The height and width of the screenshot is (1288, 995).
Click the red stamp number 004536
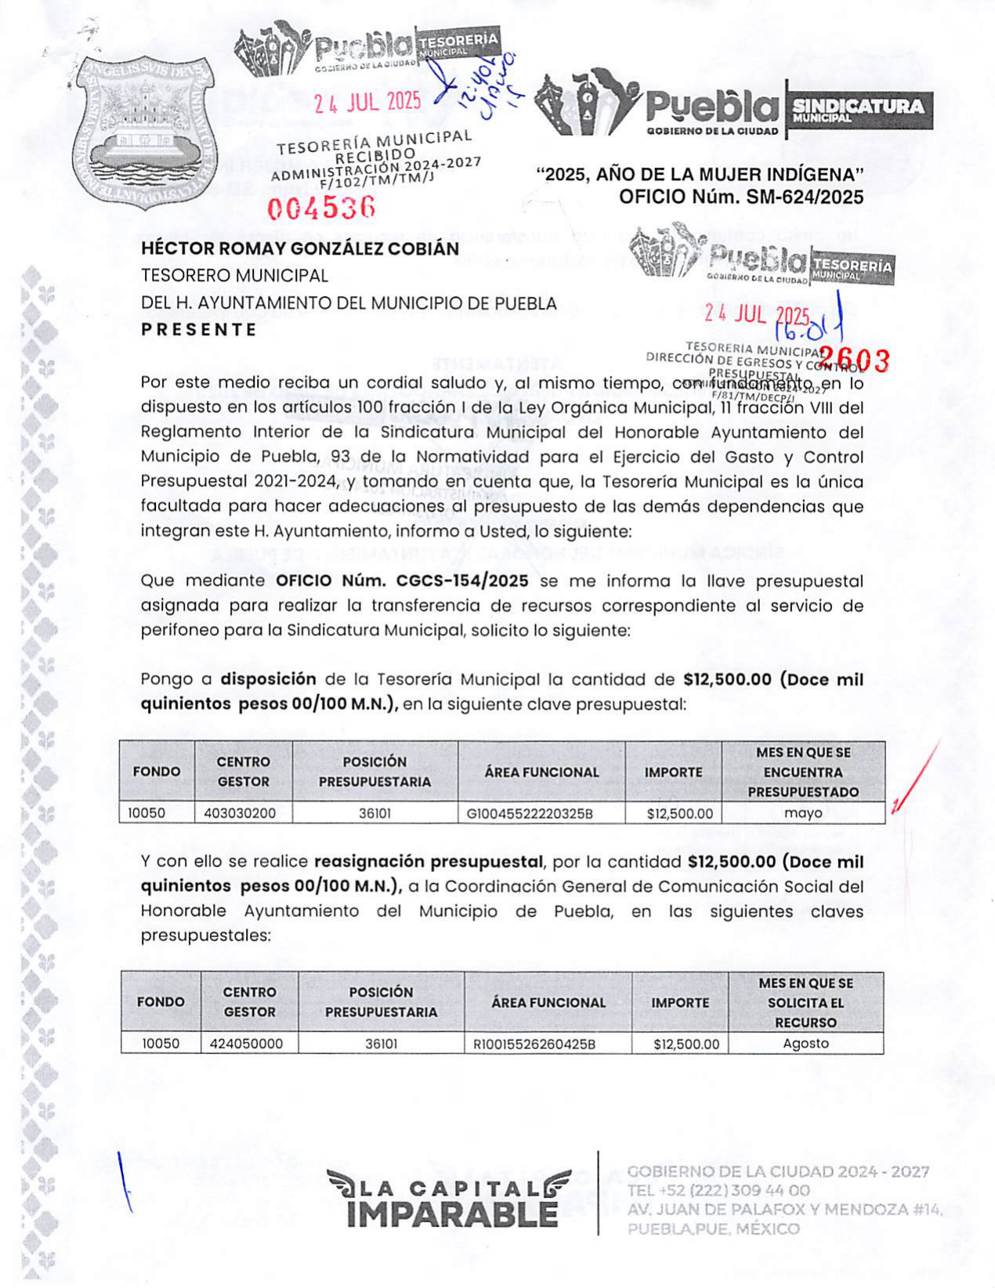pos(321,208)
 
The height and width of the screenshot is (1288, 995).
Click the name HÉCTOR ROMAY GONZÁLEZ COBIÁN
pos(300,248)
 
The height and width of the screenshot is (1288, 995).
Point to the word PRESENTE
pos(199,330)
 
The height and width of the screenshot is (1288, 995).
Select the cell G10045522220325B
pos(530,813)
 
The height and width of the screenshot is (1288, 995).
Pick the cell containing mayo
pos(803,813)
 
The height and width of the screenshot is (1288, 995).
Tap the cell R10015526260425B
pos(534,1044)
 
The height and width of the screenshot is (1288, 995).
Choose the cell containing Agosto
pos(805,1044)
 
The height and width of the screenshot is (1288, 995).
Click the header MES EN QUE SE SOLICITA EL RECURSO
pos(805,1003)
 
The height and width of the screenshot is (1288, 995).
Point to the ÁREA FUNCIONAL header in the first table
pos(541,772)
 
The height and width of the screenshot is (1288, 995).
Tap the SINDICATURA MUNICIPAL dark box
pos(858,110)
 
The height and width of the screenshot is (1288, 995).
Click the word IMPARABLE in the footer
pos(452,1214)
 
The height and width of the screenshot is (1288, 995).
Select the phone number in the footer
pos(718,1191)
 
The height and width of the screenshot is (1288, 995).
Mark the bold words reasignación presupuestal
pos(429,862)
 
